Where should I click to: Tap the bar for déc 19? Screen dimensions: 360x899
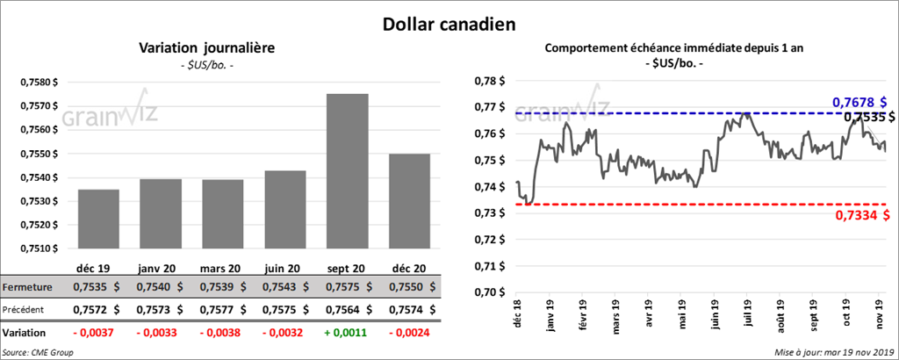(98, 219)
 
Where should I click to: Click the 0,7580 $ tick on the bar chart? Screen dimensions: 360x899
(40, 83)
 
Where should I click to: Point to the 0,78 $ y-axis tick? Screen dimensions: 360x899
(490, 82)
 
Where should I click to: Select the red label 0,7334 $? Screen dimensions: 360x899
(859, 215)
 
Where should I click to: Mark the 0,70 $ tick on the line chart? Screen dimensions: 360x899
(490, 292)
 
